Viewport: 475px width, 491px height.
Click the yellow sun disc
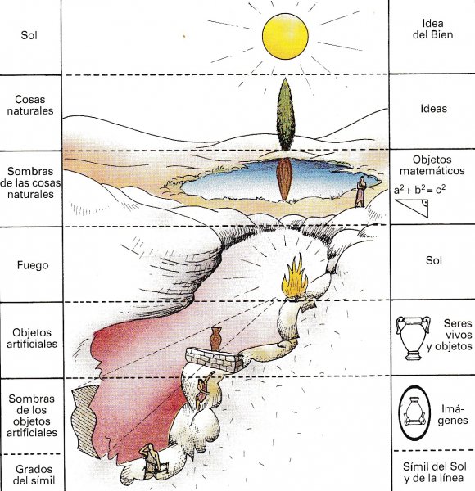(x=285, y=36)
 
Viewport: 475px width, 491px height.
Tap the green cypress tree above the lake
(x=286, y=115)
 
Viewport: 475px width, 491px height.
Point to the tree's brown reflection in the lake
(x=284, y=178)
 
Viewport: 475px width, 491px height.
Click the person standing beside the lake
(x=361, y=191)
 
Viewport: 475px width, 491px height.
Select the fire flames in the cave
(x=294, y=277)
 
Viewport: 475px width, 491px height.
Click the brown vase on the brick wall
(x=216, y=339)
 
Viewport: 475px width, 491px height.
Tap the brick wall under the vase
(x=215, y=360)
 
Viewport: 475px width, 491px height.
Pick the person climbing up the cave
(x=204, y=390)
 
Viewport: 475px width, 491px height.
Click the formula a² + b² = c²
(x=419, y=190)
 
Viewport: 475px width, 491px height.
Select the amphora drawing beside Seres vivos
(x=413, y=338)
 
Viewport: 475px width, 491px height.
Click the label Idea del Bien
(x=432, y=29)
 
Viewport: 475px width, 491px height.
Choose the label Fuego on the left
(x=33, y=265)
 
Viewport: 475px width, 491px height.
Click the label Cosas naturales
(x=30, y=105)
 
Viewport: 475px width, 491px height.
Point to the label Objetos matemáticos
(x=432, y=165)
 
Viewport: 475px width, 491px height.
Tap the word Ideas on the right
(x=433, y=109)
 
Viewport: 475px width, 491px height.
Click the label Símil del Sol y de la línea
(x=435, y=472)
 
